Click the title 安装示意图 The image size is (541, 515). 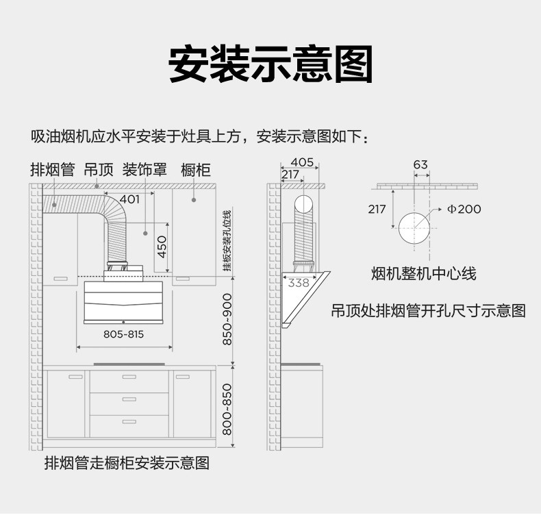click(x=270, y=64)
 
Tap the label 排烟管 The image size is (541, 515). click(x=52, y=169)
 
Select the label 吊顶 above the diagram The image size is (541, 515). click(x=99, y=169)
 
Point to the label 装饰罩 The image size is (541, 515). click(x=144, y=169)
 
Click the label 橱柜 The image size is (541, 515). click(x=196, y=169)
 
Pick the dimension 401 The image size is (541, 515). click(x=129, y=199)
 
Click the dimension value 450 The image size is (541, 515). click(x=162, y=247)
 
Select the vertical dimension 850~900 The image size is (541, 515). click(x=228, y=319)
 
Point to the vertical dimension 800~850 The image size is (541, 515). click(x=228, y=410)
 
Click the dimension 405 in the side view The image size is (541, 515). click(x=302, y=162)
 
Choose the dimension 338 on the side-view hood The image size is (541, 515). click(x=299, y=282)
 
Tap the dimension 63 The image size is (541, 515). click(x=420, y=164)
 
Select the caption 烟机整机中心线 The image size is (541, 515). click(x=423, y=274)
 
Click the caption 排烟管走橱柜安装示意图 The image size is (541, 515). click(x=127, y=463)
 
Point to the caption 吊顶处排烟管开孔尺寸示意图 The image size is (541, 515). click(x=429, y=311)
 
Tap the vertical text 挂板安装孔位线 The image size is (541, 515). click(x=227, y=239)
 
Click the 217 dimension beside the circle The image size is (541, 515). click(x=377, y=209)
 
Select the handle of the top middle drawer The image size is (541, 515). click(x=129, y=377)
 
